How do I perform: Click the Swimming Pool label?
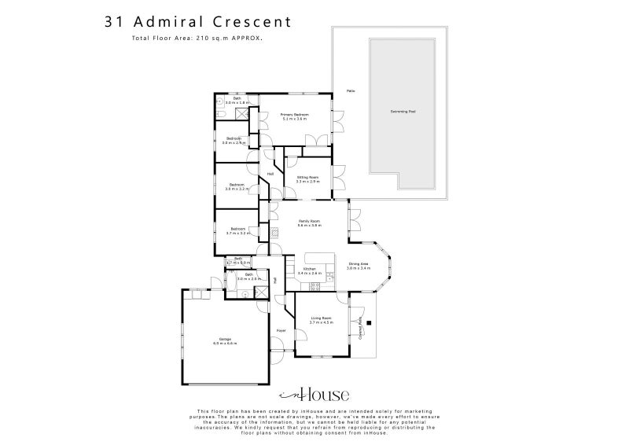pyautogui.click(x=403, y=112)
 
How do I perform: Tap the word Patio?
pyautogui.click(x=351, y=92)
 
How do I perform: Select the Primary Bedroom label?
pyautogui.click(x=295, y=115)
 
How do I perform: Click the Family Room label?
pyautogui.click(x=309, y=221)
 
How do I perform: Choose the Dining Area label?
pyautogui.click(x=359, y=263)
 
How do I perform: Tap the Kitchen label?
pyautogui.click(x=309, y=269)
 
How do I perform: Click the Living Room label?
pyautogui.click(x=320, y=318)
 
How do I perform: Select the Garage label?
pyautogui.click(x=224, y=340)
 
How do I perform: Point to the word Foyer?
pyautogui.click(x=280, y=331)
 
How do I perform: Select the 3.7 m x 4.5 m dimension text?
pyautogui.click(x=320, y=323)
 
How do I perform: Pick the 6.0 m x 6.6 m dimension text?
pyautogui.click(x=224, y=344)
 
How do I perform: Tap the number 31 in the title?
pyautogui.click(x=113, y=22)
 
